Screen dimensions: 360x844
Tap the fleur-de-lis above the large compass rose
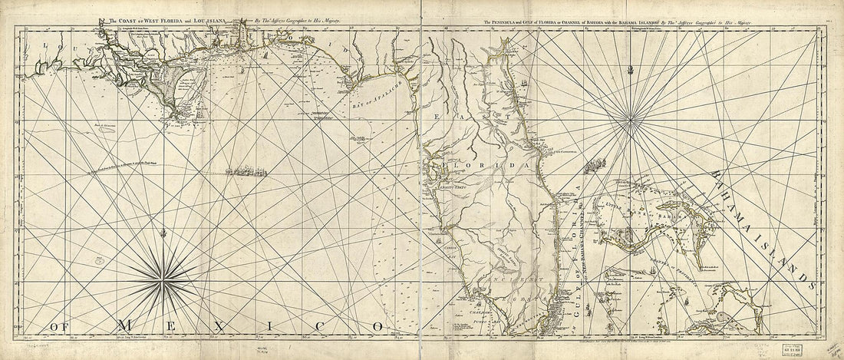coord(162,230)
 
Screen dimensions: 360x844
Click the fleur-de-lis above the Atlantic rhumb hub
coord(630,72)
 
